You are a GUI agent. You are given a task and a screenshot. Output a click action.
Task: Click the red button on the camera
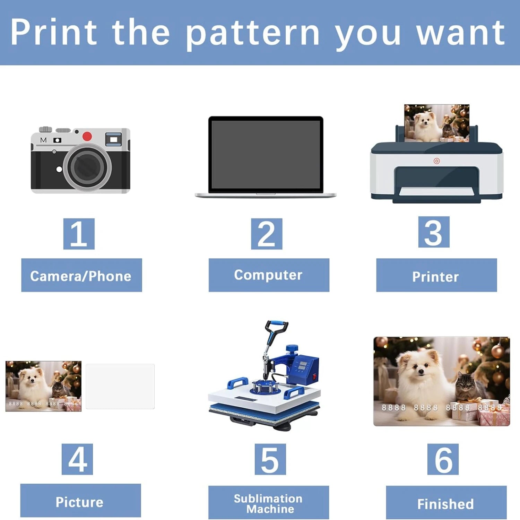[x=87, y=136]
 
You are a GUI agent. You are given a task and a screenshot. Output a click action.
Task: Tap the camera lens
[x=87, y=167]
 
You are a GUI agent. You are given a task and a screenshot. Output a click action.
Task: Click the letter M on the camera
[x=43, y=140]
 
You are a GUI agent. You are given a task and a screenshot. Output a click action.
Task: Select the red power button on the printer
[x=436, y=161]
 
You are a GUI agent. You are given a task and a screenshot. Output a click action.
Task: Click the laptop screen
[x=266, y=155]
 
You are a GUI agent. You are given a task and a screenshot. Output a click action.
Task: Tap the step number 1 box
[x=79, y=234]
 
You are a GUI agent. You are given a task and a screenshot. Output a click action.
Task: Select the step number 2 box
[x=267, y=234]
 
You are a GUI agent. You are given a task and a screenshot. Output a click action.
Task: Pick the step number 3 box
[x=434, y=232]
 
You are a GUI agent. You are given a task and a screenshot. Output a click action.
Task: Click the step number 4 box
[x=77, y=459]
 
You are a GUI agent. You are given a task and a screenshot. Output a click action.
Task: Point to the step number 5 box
[x=270, y=459]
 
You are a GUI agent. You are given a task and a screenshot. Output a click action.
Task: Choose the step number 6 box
[x=443, y=459]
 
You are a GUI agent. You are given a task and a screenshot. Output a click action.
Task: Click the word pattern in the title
[x=252, y=34]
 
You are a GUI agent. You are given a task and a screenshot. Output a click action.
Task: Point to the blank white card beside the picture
[x=120, y=387]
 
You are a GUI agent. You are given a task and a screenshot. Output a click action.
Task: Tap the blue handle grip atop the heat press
[x=277, y=326]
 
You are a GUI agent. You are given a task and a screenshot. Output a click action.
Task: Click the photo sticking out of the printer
[x=436, y=123]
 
